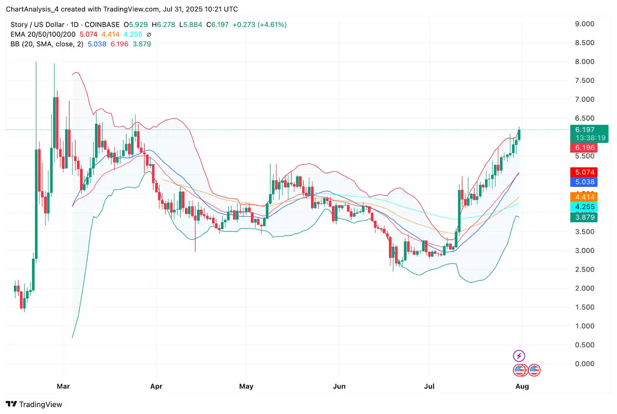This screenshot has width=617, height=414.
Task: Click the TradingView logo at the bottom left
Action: [x=34, y=404]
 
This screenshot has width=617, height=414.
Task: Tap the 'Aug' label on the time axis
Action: [x=522, y=386]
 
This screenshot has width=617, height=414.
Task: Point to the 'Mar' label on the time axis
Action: [x=63, y=386]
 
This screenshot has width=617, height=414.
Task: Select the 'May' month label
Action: [x=246, y=386]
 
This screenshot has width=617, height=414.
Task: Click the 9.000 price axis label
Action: [x=584, y=24]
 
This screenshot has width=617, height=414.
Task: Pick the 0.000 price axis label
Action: [x=584, y=364]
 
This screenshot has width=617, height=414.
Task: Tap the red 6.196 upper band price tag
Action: [x=584, y=147]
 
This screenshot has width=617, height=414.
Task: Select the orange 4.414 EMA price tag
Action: [x=584, y=197]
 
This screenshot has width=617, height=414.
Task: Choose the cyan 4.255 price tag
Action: [x=584, y=207]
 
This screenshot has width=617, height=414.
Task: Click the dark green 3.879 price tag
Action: [x=584, y=217]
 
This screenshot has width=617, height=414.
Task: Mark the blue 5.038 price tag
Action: [x=584, y=182]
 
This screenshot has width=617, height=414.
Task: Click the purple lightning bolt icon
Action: [x=519, y=355]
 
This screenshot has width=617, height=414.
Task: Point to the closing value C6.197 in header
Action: [x=217, y=25]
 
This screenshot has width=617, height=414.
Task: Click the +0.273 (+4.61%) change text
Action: [x=259, y=25]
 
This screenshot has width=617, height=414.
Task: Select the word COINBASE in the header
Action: [x=102, y=25]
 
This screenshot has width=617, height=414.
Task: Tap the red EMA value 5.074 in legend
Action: [x=88, y=34]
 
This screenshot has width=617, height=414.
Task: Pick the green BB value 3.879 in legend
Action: [x=142, y=44]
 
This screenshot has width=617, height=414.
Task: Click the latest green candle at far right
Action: [x=519, y=135]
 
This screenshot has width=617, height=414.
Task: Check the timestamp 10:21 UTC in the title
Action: [x=221, y=9]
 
